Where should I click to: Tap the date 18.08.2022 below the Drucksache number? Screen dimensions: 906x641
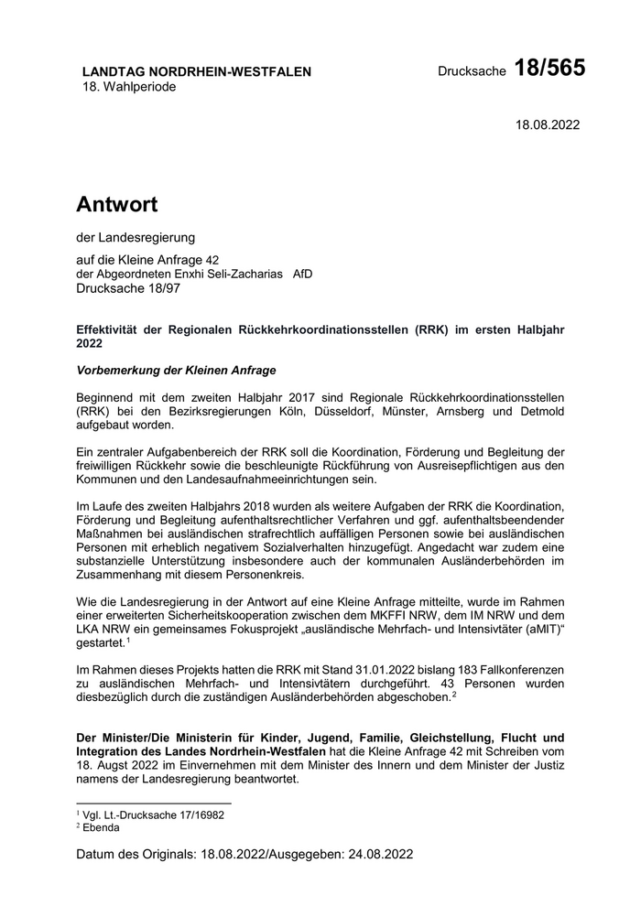(x=548, y=124)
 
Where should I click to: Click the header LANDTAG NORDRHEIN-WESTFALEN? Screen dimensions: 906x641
(x=197, y=71)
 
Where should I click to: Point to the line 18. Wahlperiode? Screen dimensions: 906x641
(x=129, y=87)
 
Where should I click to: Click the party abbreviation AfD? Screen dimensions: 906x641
(x=301, y=274)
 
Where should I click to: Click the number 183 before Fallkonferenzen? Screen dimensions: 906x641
(x=400, y=669)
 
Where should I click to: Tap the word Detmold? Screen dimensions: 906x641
(x=539, y=412)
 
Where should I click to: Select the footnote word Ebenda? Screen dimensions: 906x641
(x=101, y=826)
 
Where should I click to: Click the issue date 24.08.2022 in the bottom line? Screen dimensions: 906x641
(x=380, y=855)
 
